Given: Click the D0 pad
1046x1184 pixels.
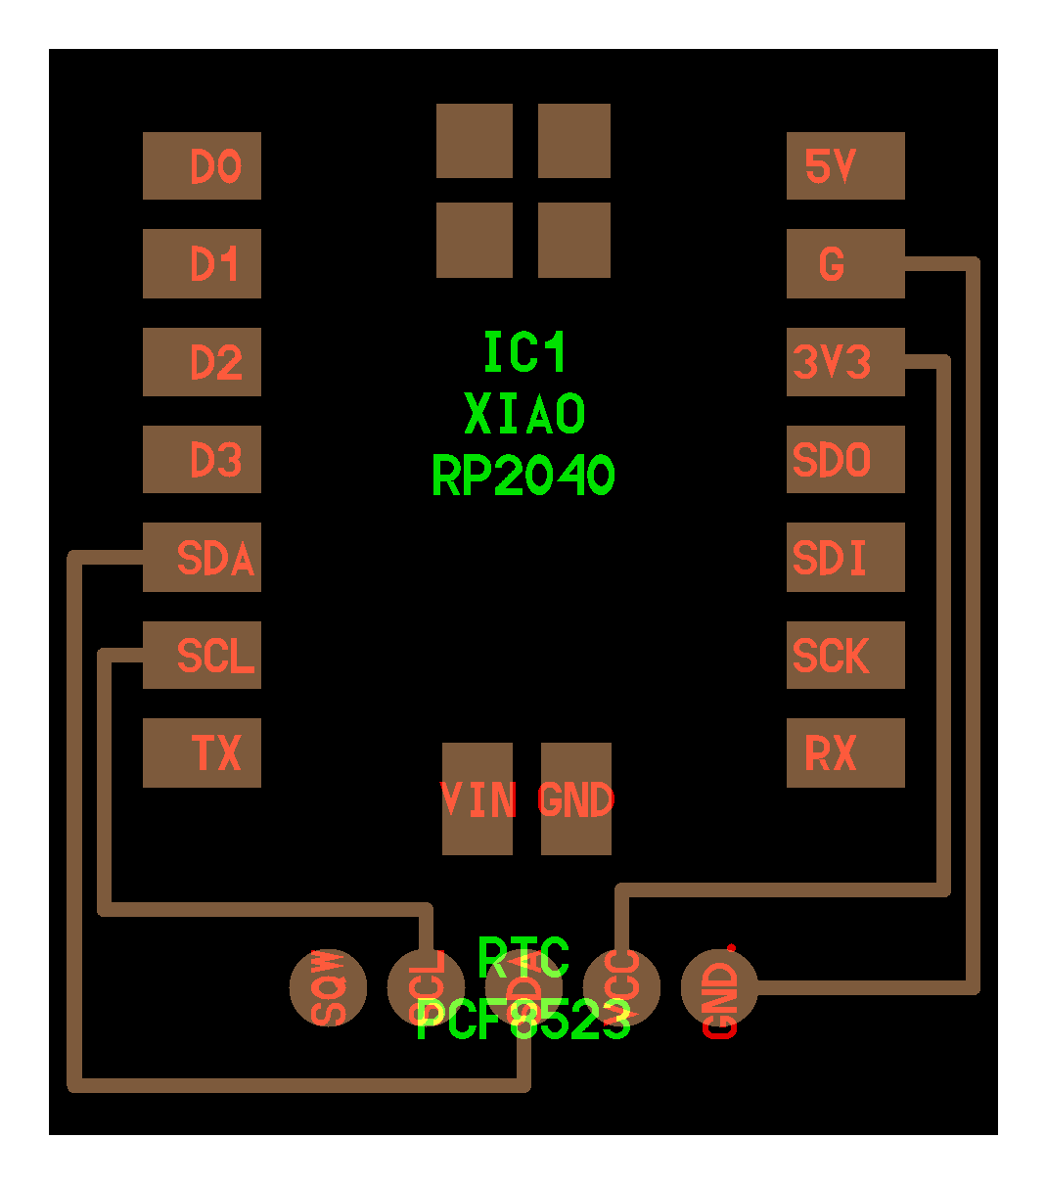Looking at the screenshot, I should (202, 166).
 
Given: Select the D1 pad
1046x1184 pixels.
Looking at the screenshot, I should (202, 264).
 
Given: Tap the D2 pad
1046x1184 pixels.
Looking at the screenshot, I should (202, 362).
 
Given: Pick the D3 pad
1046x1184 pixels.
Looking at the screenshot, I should (202, 460).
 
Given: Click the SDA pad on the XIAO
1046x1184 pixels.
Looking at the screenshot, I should (202, 558).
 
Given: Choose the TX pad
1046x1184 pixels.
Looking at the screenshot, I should (202, 753).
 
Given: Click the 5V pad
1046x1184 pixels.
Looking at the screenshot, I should (845, 166).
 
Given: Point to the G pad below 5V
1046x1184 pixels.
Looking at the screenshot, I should (845, 264).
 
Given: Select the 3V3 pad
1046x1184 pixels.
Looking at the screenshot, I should (845, 362).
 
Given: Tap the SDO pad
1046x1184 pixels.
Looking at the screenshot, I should (845, 460).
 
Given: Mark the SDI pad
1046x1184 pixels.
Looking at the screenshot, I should (845, 558).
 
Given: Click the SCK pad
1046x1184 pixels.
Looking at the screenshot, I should (845, 656).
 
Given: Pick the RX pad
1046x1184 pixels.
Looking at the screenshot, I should (845, 753).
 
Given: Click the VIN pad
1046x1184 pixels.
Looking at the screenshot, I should (478, 799).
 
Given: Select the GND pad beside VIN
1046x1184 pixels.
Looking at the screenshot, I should (576, 799).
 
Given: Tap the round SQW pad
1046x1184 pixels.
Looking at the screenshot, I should (329, 987).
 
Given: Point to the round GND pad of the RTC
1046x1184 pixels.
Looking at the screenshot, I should (719, 987).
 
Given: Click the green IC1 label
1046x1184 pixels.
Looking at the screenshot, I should (524, 353).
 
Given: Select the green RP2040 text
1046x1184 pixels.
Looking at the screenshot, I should (523, 477).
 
